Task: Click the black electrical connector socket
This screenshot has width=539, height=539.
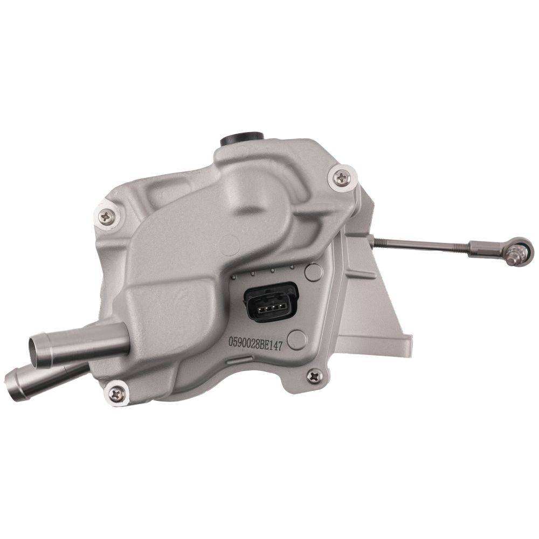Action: point(270,301)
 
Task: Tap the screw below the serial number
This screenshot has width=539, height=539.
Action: point(314,376)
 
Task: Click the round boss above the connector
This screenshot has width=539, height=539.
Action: point(313,271)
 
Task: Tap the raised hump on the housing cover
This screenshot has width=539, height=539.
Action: point(259,199)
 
